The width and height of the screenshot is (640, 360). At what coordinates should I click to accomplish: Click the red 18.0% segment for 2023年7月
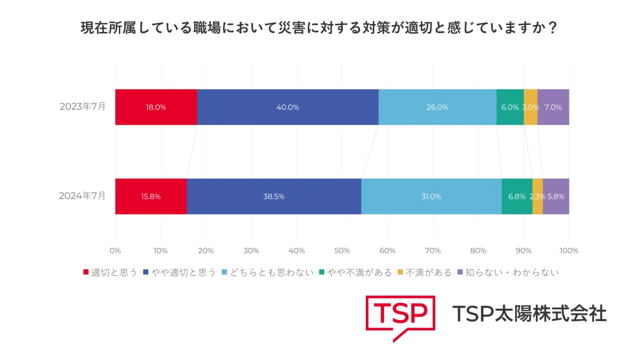click(156, 107)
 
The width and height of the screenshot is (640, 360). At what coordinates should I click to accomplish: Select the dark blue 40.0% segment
click(287, 107)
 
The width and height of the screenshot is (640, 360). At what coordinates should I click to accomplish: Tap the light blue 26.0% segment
click(437, 107)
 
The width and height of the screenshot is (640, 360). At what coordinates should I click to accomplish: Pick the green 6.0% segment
click(510, 107)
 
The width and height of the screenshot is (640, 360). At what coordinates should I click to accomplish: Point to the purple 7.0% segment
click(553, 107)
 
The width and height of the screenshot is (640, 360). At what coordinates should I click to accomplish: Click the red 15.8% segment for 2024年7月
click(151, 196)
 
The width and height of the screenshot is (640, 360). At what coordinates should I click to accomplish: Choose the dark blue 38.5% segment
click(274, 196)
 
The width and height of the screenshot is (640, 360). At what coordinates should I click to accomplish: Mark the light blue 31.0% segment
click(431, 196)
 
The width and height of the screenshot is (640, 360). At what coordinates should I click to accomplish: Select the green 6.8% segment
click(517, 196)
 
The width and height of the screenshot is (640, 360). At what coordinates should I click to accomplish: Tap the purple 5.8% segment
click(556, 196)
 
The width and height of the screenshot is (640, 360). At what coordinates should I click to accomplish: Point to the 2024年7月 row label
click(83, 196)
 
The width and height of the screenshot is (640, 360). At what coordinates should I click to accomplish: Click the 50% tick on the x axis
click(342, 251)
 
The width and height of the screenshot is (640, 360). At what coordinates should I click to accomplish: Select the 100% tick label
click(569, 251)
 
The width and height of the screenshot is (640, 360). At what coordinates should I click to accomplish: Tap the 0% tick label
click(115, 251)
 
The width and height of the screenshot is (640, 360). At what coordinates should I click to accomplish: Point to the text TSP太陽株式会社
click(529, 314)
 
